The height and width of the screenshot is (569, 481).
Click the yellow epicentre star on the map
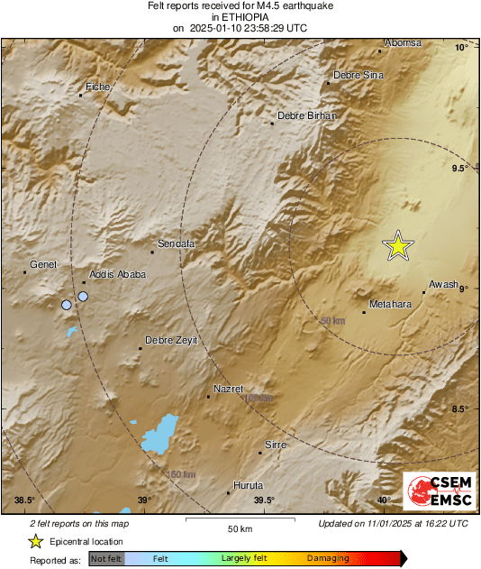[397, 245]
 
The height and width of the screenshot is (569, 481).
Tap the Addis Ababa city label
[113, 274]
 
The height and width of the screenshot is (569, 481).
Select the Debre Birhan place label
[306, 115]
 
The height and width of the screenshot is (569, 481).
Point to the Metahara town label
[390, 304]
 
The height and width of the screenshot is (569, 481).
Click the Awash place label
[444, 284]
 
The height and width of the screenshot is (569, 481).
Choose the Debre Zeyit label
[171, 340]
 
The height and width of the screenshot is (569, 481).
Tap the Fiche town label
[96, 87]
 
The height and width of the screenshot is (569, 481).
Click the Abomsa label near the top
[403, 42]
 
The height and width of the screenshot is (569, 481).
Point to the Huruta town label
[248, 485]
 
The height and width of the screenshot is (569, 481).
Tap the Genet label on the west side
[43, 264]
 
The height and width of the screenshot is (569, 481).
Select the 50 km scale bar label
[239, 528]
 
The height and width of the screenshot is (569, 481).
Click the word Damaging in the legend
[328, 559]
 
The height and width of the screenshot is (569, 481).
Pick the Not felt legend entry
[106, 559]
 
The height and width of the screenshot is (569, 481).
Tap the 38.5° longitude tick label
[24, 500]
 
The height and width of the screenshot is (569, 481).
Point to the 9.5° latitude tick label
[459, 169]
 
